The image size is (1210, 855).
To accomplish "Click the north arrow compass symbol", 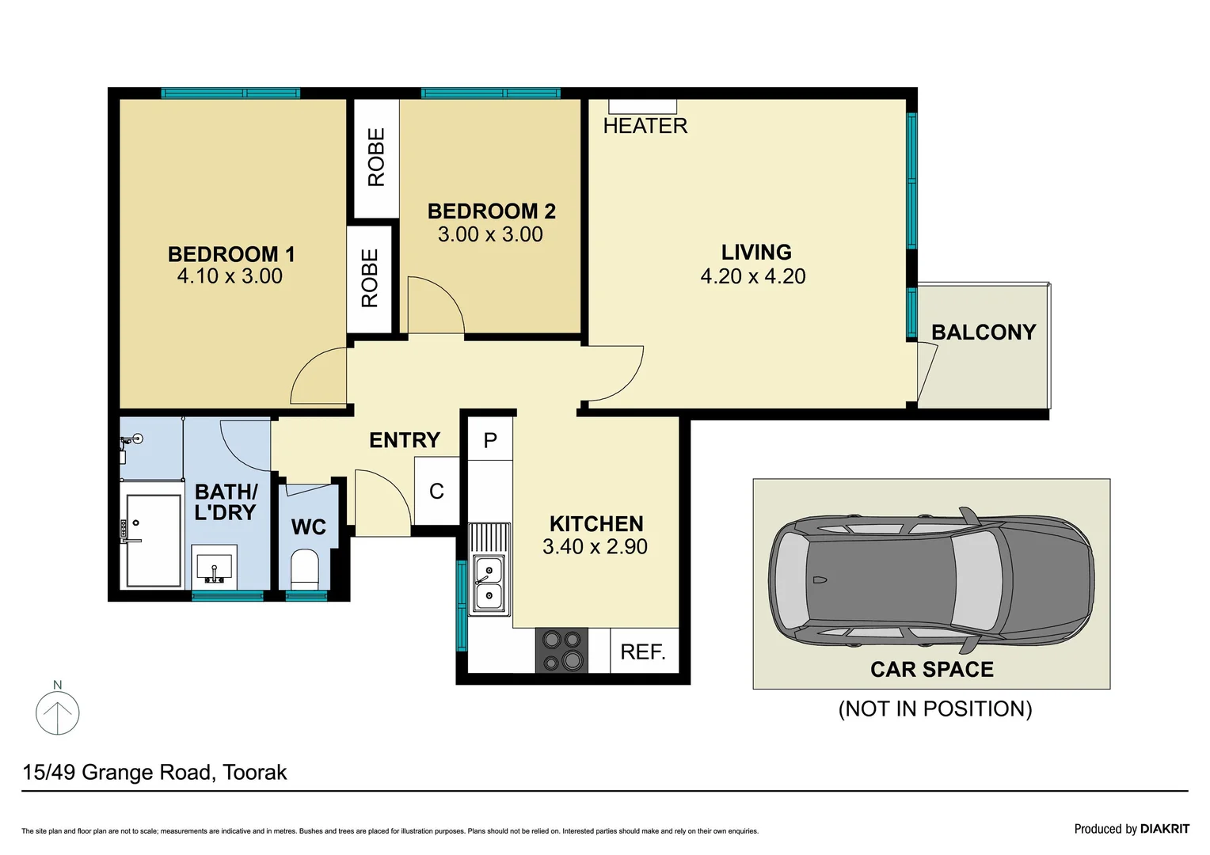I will point(58,712).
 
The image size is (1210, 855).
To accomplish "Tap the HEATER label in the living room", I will point(645,126).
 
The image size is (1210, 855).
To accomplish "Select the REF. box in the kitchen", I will point(643,652).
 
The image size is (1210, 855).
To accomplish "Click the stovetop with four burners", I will point(561,650).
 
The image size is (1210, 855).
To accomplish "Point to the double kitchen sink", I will point(489,583).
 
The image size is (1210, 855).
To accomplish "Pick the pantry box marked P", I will point(490,440).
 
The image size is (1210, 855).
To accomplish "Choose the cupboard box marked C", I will point(436,492).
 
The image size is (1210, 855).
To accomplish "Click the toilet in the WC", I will point(305,569).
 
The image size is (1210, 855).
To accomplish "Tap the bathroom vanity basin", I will point(214,567).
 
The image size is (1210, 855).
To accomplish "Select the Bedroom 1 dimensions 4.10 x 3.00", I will point(230,276).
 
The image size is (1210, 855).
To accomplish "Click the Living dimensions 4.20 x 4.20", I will point(753,276).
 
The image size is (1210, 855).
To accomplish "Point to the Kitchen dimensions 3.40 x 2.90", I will point(595,547).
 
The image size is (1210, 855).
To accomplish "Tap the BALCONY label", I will point(984,332).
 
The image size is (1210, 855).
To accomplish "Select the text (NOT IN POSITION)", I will point(935,709).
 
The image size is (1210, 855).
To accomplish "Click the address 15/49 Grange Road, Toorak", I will point(154,772).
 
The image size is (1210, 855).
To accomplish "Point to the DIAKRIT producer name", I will point(1164,829).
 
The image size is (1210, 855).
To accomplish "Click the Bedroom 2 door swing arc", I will point(436,305).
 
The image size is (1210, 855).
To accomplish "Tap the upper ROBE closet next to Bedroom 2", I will point(376,158).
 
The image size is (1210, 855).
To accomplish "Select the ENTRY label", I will point(405,440).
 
